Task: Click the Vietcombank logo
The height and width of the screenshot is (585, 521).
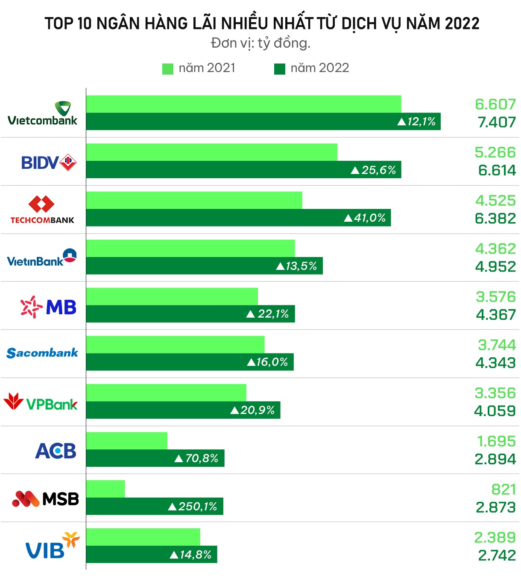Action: coord(43,114)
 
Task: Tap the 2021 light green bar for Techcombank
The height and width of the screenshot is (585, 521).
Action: coord(194,200)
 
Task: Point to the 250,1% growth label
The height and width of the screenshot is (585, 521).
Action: coord(193,507)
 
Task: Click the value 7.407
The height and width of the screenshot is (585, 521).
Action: coord(497,122)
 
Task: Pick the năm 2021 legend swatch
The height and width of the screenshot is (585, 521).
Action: coord(168,69)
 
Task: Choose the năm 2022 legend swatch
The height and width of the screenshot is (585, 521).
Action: coord(280,69)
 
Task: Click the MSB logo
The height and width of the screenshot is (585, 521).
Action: coord(46,498)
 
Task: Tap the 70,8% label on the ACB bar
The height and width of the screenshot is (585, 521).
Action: coord(197,458)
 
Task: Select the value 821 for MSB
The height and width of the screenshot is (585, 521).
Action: coord(503,489)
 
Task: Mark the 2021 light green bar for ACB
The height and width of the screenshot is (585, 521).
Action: coord(127,440)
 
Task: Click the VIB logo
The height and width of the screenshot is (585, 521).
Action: coord(52,546)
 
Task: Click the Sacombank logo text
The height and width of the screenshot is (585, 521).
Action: coord(42,353)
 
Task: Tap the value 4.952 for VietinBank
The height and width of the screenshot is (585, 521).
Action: coord(495,267)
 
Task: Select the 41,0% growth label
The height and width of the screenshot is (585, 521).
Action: coord(365,218)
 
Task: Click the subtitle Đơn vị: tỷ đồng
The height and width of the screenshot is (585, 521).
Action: coord(260,43)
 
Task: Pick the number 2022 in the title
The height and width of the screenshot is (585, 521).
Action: coord(462,23)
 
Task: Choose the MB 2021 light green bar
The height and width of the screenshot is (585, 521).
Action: coord(172,296)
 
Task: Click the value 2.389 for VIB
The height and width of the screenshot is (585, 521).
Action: coord(495,538)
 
